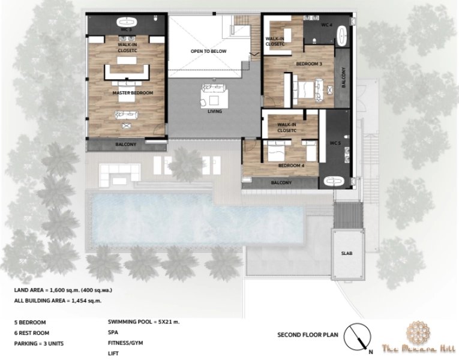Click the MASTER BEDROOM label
tap(133, 93)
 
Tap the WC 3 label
tap(125, 29)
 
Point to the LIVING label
tap(215, 112)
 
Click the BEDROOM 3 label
tap(309, 64)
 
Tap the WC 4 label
tap(326, 25)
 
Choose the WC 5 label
tap(335, 143)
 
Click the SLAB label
tap(347, 253)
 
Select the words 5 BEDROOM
tap(30, 322)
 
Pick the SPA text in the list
tap(113, 332)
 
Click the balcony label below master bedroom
tap(126, 145)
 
